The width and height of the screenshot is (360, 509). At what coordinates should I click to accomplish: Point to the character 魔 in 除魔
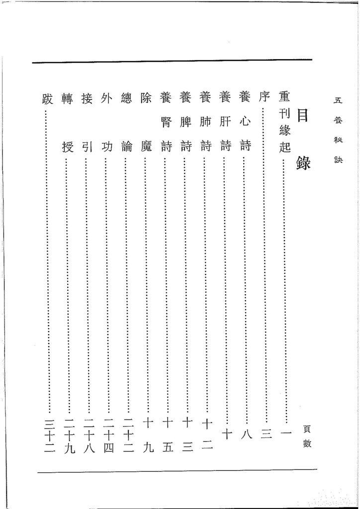[146, 147]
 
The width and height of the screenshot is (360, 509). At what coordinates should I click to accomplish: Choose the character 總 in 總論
[127, 97]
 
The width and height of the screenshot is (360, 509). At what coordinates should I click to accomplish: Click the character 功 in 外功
[106, 147]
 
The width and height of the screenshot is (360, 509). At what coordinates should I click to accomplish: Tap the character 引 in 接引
[86, 147]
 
